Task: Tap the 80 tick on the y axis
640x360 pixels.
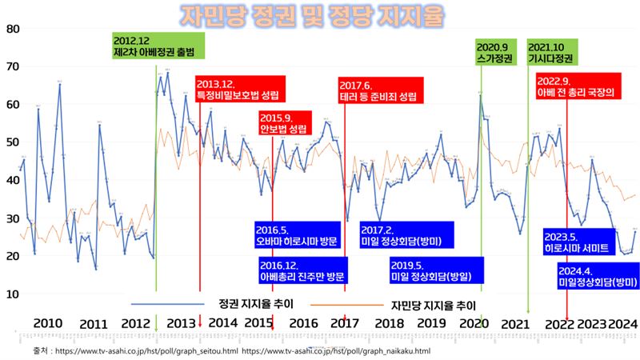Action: pos(13,29)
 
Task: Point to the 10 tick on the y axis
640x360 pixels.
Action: pos(13,294)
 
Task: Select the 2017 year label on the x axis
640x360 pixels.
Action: pos(345,323)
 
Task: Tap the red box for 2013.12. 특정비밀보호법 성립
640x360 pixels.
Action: pos(238,90)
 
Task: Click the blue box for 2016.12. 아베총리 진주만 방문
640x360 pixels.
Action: pos(303,270)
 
